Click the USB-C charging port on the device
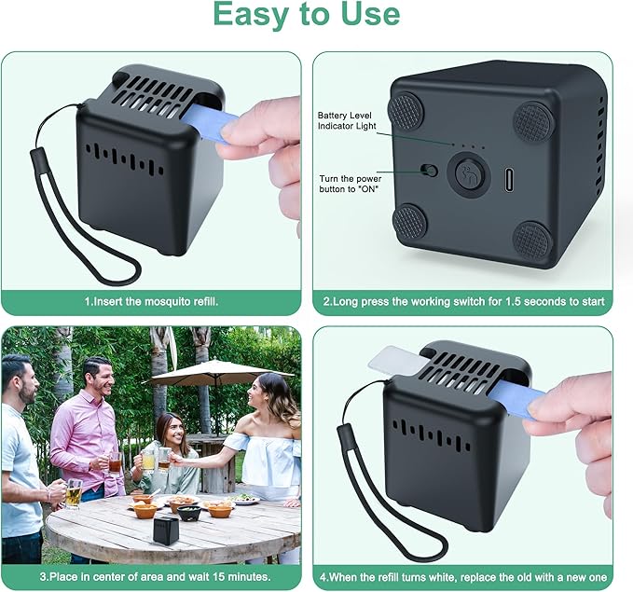coord(509,179)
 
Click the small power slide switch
coord(429,170)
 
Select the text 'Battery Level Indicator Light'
coord(347,121)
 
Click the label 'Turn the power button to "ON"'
coord(350,184)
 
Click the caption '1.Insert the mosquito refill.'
coord(151,302)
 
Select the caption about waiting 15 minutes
coord(156,576)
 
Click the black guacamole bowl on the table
coord(189,513)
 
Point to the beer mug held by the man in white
coord(73,494)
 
